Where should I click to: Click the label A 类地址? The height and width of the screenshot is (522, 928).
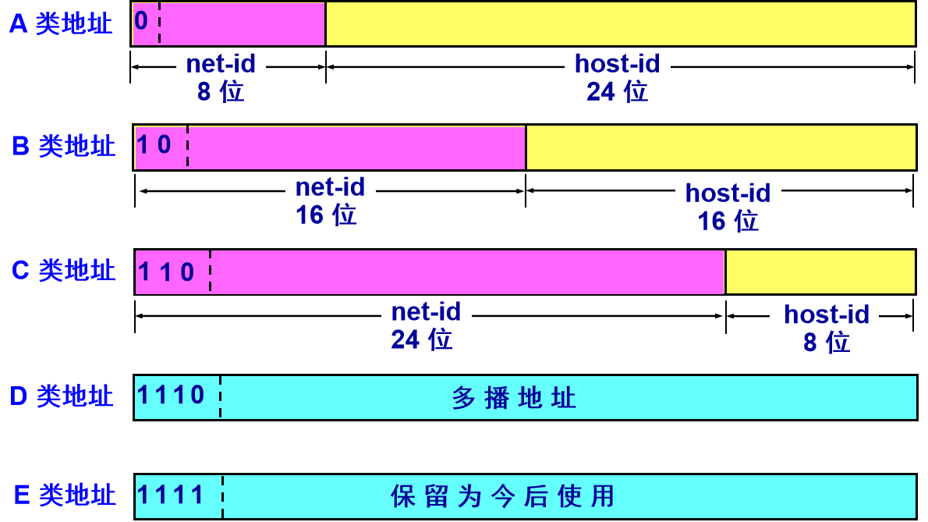coord(61,23)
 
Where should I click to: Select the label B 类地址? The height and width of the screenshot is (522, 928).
coord(63,146)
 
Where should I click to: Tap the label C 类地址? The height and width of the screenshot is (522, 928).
coord(63,271)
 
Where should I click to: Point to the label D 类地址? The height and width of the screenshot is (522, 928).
coord(62,396)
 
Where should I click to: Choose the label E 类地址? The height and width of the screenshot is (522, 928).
coord(65,495)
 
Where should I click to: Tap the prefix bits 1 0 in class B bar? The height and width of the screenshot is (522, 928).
coord(154,144)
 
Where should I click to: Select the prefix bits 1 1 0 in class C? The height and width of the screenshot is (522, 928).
coord(166,272)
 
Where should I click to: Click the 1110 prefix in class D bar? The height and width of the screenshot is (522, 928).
coord(172,395)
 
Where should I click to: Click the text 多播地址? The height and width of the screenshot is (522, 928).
coord(514,399)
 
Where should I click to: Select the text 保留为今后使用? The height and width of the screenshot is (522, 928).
coord(503,496)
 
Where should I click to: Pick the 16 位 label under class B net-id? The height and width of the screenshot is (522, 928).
coord(326,215)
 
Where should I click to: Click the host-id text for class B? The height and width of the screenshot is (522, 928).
coord(728,193)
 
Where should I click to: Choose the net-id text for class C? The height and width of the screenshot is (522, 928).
coord(426,312)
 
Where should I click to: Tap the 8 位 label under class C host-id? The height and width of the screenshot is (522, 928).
coord(827,342)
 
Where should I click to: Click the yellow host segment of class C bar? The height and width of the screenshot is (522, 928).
coord(820,272)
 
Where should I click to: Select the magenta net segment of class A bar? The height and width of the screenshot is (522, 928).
coord(242,23)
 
